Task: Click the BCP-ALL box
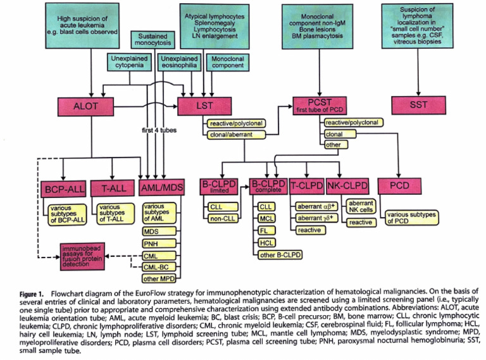point(65,189)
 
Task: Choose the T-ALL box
point(113,189)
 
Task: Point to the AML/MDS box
point(162,189)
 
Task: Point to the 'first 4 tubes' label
point(159,130)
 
